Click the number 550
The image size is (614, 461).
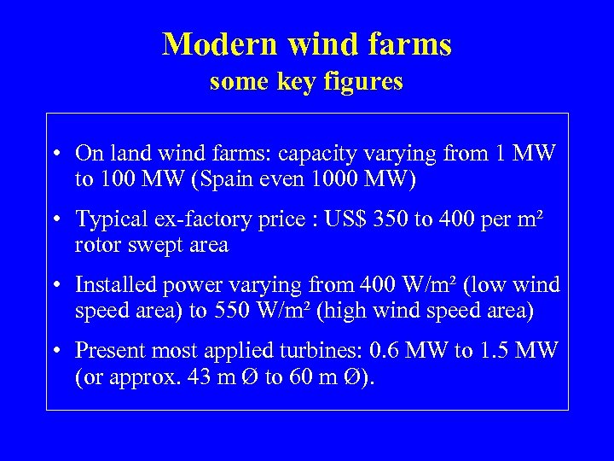(x=230, y=311)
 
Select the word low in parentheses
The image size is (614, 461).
(x=495, y=285)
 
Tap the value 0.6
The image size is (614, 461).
(x=420, y=351)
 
